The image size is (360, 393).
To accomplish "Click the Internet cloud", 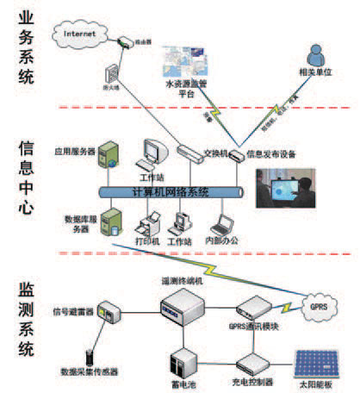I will [78, 35].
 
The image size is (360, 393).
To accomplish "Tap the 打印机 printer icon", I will [146, 227].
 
